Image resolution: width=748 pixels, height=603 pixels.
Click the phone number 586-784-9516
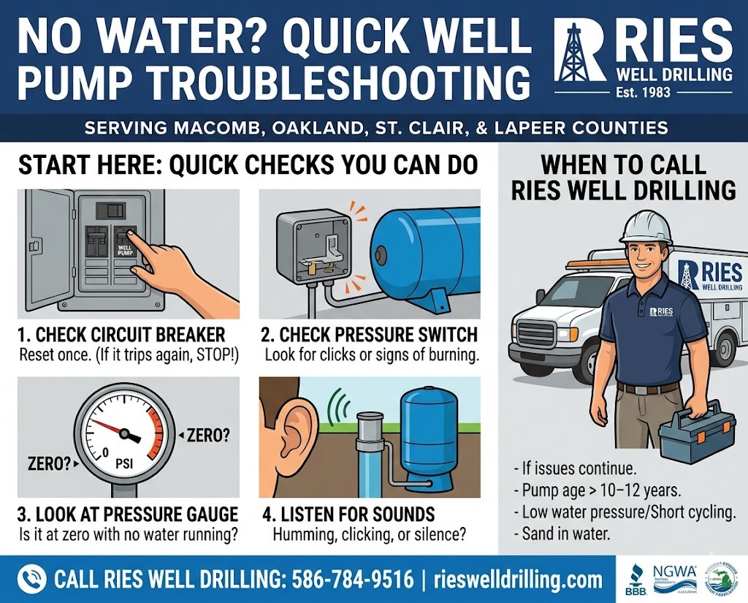click(x=352, y=580)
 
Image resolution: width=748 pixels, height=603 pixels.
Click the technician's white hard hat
click(x=644, y=227)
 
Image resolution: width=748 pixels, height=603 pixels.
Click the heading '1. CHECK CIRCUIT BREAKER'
click(x=121, y=335)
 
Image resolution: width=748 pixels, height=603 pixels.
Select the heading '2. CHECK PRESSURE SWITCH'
click(x=369, y=335)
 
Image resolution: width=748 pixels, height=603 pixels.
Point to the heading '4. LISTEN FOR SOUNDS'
click(x=348, y=514)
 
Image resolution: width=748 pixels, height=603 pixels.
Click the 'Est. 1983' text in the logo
click(x=643, y=93)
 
